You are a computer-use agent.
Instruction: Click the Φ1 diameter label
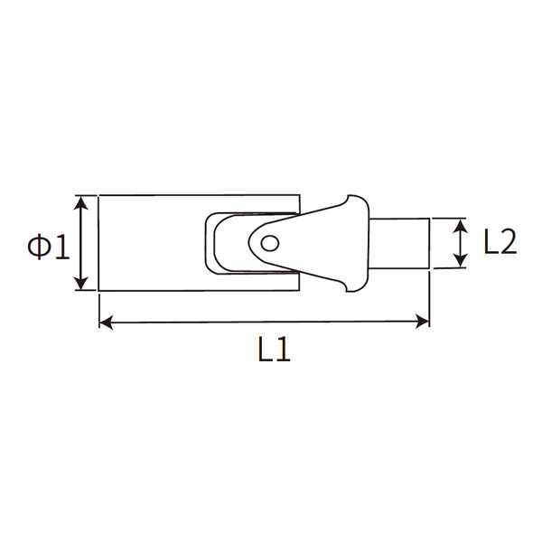point(48,246)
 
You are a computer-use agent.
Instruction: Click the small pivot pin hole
point(267,242)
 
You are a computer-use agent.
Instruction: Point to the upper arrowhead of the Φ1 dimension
point(82,201)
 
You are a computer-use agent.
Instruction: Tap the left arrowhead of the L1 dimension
point(105,321)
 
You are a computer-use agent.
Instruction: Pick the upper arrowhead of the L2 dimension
point(461,224)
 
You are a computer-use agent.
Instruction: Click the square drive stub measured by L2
point(399,243)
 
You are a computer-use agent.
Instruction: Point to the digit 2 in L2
point(508,243)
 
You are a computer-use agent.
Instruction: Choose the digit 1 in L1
point(282,350)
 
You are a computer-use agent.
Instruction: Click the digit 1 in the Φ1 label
point(61,246)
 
